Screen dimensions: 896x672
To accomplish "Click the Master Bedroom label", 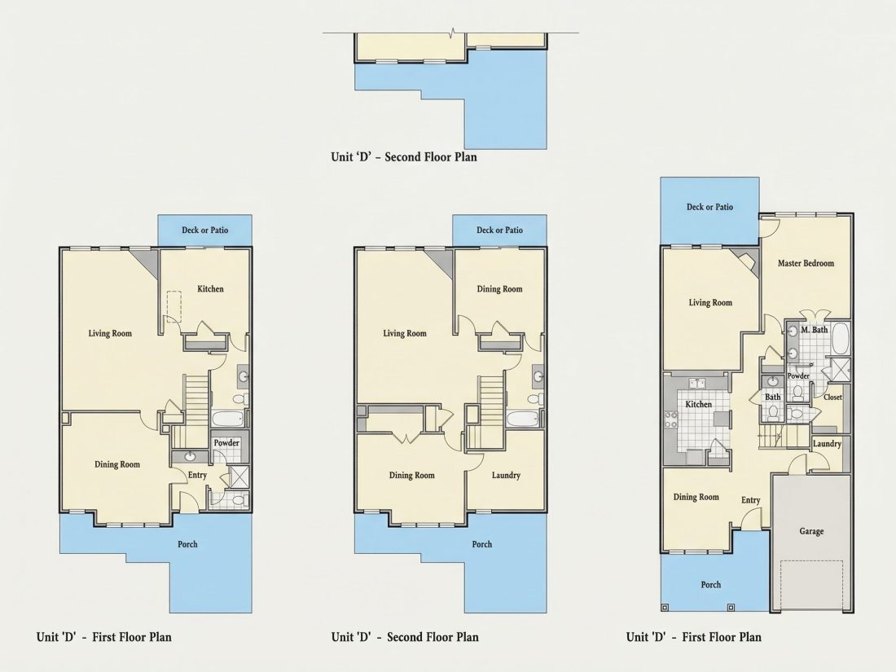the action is pyautogui.click(x=806, y=263).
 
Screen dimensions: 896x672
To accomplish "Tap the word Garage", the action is pyautogui.click(x=811, y=531).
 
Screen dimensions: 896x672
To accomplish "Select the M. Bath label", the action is pyautogui.click(x=815, y=330).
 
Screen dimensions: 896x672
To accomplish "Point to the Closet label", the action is pyautogui.click(x=832, y=397).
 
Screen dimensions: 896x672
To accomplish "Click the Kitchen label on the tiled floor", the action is pyautogui.click(x=698, y=405).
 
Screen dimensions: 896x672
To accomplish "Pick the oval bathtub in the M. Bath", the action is pyautogui.click(x=840, y=339).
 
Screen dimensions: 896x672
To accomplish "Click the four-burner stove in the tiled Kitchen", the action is pyautogui.click(x=670, y=420).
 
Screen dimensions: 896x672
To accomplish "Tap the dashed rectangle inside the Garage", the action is pyautogui.click(x=811, y=585).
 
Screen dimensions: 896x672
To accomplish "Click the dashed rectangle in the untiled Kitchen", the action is pyautogui.click(x=173, y=306).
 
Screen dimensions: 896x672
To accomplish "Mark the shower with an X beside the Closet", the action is pyautogui.click(x=840, y=367).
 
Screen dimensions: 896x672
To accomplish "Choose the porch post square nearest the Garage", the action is pyautogui.click(x=731, y=608).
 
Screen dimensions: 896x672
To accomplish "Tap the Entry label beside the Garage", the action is pyautogui.click(x=751, y=500).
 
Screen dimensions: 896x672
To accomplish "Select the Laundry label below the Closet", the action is pyautogui.click(x=827, y=444).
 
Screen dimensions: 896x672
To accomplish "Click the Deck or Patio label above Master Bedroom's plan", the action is pyautogui.click(x=709, y=207).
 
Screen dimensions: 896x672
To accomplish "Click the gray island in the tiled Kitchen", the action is pyautogui.click(x=722, y=419).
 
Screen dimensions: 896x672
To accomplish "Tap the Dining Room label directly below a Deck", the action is pyautogui.click(x=499, y=289).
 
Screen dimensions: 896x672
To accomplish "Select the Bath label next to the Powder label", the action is pyautogui.click(x=772, y=397).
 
